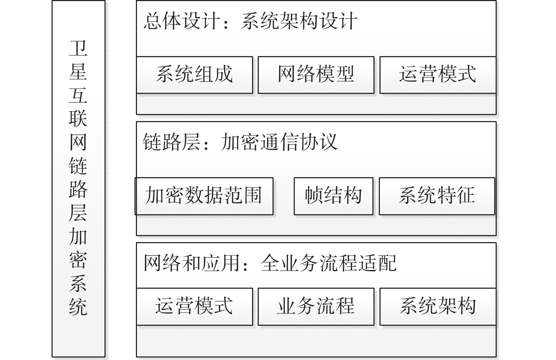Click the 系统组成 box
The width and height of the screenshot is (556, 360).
(195, 75)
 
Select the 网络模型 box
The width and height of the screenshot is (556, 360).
(316, 75)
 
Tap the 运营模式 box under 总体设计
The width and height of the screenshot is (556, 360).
(438, 75)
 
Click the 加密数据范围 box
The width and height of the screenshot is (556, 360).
(204, 196)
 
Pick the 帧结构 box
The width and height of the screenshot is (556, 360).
(334, 196)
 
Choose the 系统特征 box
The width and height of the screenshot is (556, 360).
(437, 196)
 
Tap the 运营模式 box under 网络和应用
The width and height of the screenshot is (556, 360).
(195, 307)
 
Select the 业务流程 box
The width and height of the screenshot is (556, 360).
(316, 307)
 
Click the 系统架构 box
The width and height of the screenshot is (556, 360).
(438, 307)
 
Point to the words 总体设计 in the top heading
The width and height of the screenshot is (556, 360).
(182, 21)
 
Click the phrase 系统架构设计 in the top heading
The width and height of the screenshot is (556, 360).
(299, 21)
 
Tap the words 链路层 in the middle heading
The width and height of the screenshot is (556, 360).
(172, 142)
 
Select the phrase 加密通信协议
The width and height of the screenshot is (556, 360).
(279, 142)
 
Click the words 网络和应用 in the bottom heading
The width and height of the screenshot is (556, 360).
(191, 263)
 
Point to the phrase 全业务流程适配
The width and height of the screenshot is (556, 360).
(328, 263)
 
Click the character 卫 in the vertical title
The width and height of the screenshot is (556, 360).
(78, 48)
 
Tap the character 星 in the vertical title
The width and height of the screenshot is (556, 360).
(78, 71)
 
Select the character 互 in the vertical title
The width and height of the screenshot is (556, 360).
(78, 95)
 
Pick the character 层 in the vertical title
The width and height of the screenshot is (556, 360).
(78, 213)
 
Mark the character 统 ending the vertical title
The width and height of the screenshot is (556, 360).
(78, 307)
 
